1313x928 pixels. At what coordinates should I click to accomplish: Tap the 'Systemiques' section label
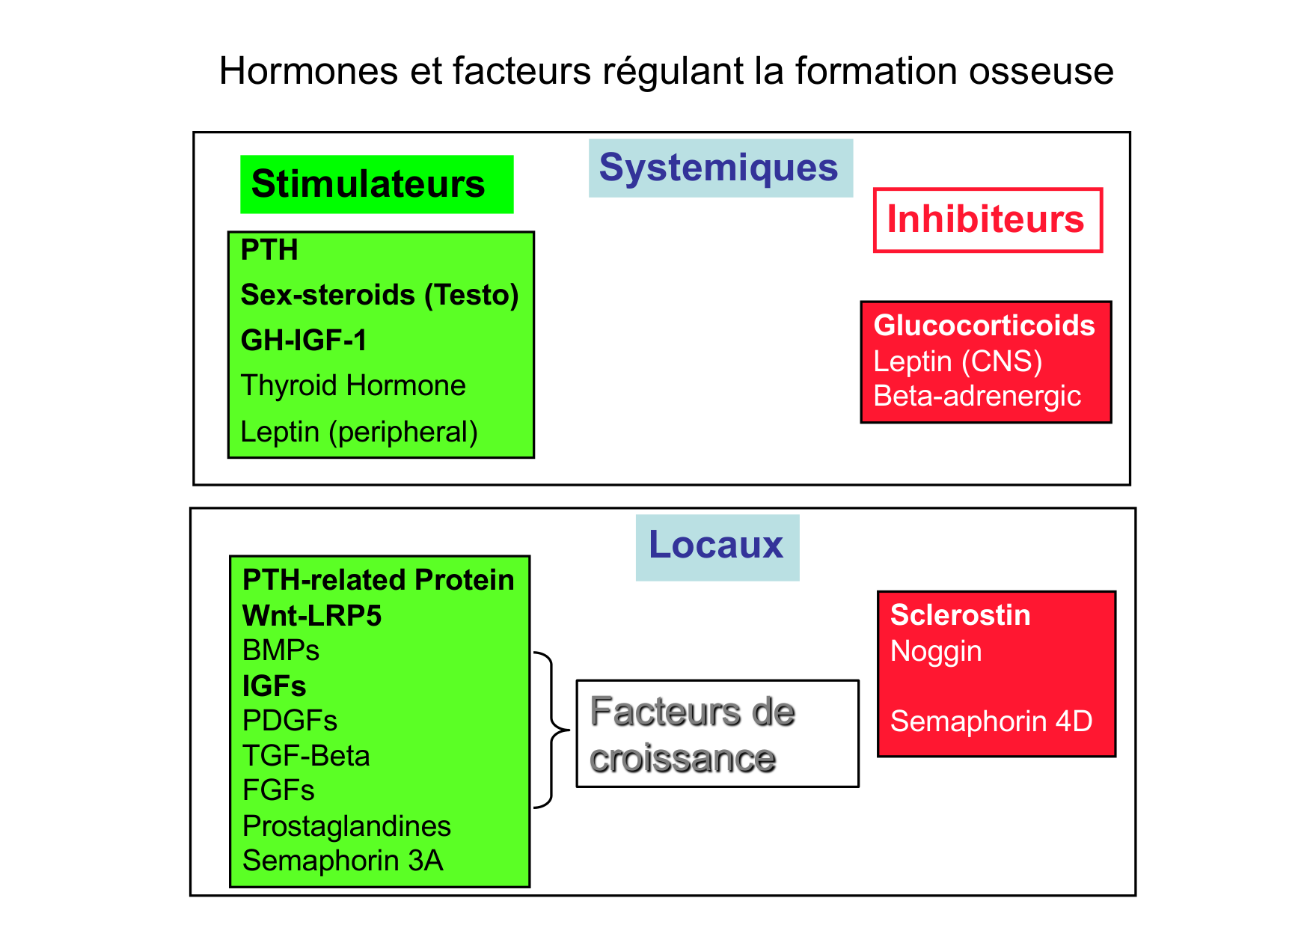pyautogui.click(x=719, y=168)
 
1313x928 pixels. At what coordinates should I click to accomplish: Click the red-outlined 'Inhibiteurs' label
pyautogui.click(x=986, y=219)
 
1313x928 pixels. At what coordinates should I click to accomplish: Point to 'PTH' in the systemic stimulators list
pyautogui.click(x=269, y=250)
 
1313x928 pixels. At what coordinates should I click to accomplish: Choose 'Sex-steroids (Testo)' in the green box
pyautogui.click(x=379, y=295)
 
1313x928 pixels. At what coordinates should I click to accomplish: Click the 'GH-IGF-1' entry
pyautogui.click(x=304, y=341)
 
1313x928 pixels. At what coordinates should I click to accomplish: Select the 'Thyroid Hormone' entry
pyautogui.click(x=353, y=386)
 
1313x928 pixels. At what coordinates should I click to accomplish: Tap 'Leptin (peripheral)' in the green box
pyautogui.click(x=359, y=432)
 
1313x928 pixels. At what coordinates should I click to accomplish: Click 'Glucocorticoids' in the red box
pyautogui.click(x=984, y=326)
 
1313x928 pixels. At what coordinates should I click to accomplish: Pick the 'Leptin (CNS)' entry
pyautogui.click(x=958, y=361)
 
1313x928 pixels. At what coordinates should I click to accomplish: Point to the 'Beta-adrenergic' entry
pyautogui.click(x=977, y=396)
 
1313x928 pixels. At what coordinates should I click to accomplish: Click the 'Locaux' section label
pyautogui.click(x=716, y=545)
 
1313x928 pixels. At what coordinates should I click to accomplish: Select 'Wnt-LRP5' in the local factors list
pyautogui.click(x=312, y=616)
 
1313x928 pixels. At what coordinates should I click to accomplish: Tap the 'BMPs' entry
pyautogui.click(x=281, y=650)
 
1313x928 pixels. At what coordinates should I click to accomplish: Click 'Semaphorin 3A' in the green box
pyautogui.click(x=343, y=861)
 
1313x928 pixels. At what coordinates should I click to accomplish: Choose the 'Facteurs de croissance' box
pyautogui.click(x=717, y=733)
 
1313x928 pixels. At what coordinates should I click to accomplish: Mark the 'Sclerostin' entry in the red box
pyautogui.click(x=960, y=615)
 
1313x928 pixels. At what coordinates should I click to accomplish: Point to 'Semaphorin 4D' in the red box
pyautogui.click(x=991, y=721)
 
